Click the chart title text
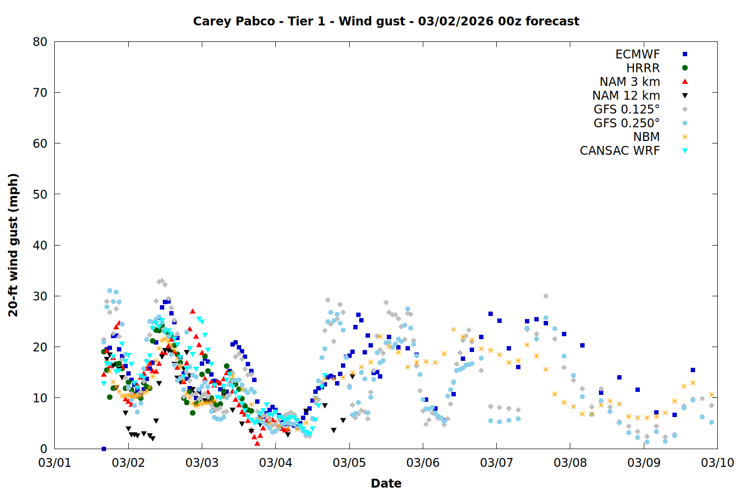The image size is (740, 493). pyautogui.click(x=386, y=21)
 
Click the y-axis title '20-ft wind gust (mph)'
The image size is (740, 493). pyautogui.click(x=13, y=245)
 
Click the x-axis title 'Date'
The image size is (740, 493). pyautogui.click(x=386, y=483)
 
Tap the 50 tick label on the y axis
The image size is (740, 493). pyautogui.click(x=40, y=194)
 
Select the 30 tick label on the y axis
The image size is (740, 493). pyautogui.click(x=40, y=296)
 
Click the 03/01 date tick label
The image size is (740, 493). pyautogui.click(x=54, y=462)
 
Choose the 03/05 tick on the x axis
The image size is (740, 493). pyautogui.click(x=349, y=462)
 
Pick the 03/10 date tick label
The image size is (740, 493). pyautogui.click(x=717, y=462)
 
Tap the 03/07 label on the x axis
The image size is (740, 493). pyautogui.click(x=496, y=462)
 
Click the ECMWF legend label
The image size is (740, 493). pyautogui.click(x=637, y=54)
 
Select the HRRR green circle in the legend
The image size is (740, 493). pyautogui.click(x=685, y=68)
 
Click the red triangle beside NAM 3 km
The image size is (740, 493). pyautogui.click(x=685, y=81)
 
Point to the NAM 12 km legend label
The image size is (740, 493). pyautogui.click(x=626, y=96)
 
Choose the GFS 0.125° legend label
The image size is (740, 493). pyautogui.click(x=627, y=109)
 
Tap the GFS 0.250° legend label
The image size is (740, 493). pyautogui.click(x=627, y=123)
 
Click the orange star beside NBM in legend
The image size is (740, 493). pyautogui.click(x=685, y=137)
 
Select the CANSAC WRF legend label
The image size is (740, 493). pyautogui.click(x=620, y=151)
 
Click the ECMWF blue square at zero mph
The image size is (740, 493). pyautogui.click(x=104, y=449)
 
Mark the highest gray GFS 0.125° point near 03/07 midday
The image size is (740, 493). pyautogui.click(x=546, y=296)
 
